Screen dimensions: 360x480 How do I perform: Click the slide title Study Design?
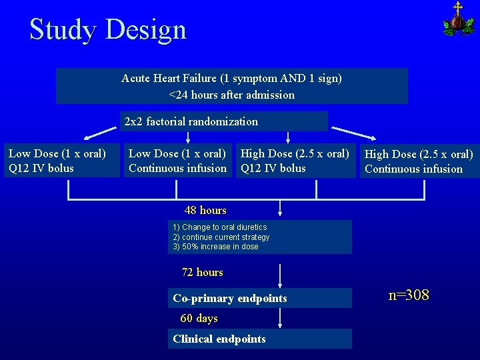point(108,30)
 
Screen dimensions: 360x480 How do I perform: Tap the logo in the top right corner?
point(458,19)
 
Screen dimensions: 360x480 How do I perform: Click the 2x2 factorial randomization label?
point(191,121)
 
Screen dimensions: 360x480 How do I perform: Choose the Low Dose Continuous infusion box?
point(177,161)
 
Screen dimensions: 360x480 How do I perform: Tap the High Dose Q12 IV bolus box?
point(295,161)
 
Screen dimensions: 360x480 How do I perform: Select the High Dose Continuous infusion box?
point(418,161)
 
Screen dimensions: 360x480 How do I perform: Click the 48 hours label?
point(205,210)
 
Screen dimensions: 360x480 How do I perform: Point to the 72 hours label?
point(203,272)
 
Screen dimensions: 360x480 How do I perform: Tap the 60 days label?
point(199,318)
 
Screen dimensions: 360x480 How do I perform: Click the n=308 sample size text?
point(409,295)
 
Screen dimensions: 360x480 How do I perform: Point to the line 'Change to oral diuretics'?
point(219,227)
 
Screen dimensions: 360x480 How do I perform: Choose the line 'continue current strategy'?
point(221,237)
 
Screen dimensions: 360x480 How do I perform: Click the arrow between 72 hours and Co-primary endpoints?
point(280,277)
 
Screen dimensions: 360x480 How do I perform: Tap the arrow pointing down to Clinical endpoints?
point(280,318)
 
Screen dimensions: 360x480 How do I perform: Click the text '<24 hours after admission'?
point(231,95)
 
